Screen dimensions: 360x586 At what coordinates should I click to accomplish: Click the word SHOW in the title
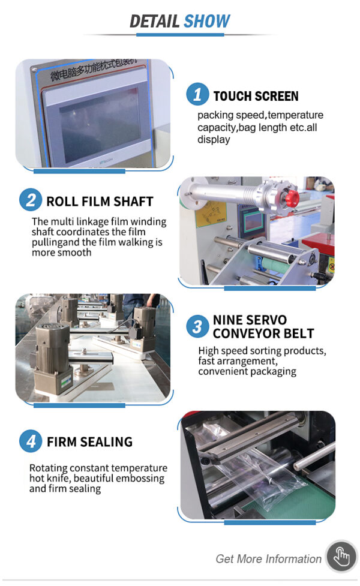point(207,21)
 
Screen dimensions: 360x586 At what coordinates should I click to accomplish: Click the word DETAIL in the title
point(154,21)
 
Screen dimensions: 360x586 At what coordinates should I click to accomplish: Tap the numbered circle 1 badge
point(197,94)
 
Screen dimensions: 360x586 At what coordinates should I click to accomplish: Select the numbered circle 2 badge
point(31,200)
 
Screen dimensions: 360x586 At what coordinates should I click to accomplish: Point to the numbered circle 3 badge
point(197,326)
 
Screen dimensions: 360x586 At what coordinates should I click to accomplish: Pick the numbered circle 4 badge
point(31,441)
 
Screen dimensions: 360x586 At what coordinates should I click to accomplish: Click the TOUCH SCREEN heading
point(256,96)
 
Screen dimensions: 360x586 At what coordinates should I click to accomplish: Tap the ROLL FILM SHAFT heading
point(100,202)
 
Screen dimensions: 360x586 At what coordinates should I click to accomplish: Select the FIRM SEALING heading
point(90,441)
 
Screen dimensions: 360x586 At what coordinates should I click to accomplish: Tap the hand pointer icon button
point(341,557)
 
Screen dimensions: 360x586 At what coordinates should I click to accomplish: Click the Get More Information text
point(268,559)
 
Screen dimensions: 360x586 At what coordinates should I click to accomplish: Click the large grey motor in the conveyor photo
point(52,357)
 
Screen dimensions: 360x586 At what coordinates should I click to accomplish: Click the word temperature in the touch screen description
point(295,115)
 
